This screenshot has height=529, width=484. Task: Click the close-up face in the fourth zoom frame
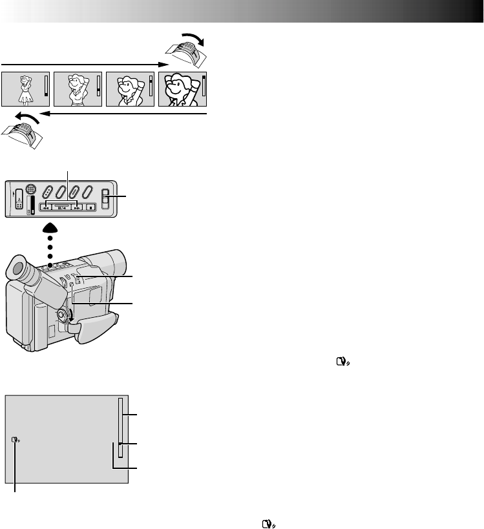(179, 88)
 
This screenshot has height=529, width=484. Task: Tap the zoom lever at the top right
(185, 50)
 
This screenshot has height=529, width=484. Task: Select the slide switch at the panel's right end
(106, 198)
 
